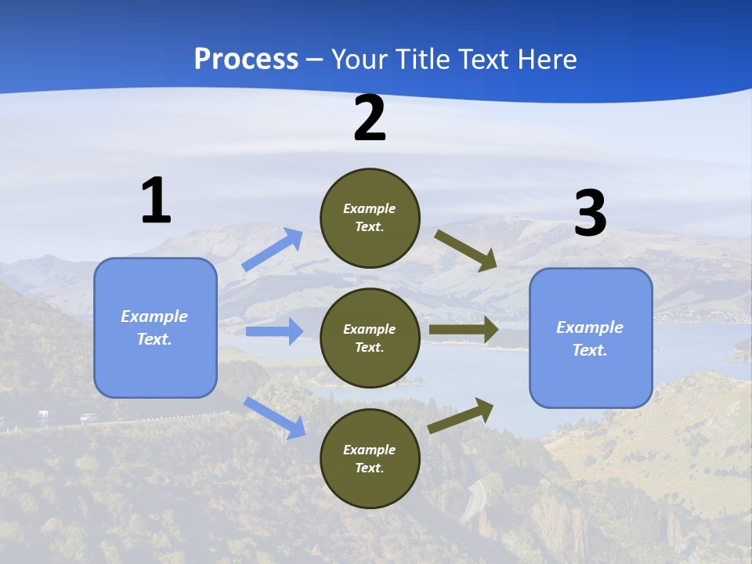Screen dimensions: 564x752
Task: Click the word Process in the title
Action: pyautogui.click(x=246, y=60)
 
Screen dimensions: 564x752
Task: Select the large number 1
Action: pyautogui.click(x=156, y=201)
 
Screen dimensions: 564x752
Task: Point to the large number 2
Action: pyautogui.click(x=370, y=119)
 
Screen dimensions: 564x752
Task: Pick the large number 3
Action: pyautogui.click(x=590, y=214)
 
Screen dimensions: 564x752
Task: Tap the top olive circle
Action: pyautogui.click(x=370, y=218)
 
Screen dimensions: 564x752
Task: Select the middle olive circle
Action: pyautogui.click(x=370, y=338)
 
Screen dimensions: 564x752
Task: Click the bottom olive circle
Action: pyautogui.click(x=370, y=459)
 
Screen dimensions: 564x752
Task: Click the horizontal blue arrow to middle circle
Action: pyautogui.click(x=274, y=331)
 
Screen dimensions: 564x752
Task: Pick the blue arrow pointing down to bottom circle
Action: pyautogui.click(x=274, y=417)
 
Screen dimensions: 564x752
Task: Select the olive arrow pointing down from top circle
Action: pyautogui.click(x=466, y=250)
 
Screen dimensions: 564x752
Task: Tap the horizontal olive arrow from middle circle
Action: pyautogui.click(x=463, y=330)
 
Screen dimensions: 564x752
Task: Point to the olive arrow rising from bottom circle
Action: pyautogui.click(x=461, y=415)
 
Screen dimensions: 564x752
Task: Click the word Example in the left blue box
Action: pyautogui.click(x=154, y=316)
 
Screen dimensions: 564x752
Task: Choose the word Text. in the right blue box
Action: pyautogui.click(x=590, y=350)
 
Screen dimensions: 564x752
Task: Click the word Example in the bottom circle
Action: pyautogui.click(x=370, y=450)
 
